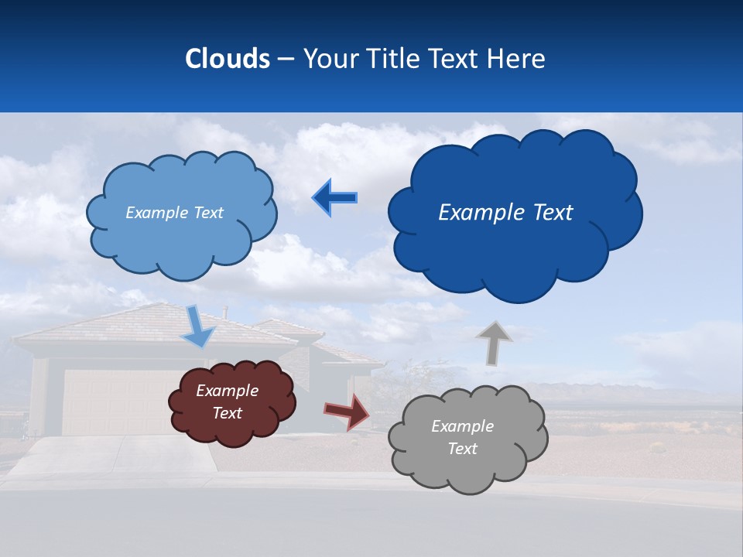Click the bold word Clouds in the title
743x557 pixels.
point(228,59)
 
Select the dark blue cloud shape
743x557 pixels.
point(515,248)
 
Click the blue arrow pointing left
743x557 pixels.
point(335,198)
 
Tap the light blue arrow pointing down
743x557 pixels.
point(198,326)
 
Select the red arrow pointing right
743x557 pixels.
point(348,412)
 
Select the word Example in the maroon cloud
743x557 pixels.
point(227,391)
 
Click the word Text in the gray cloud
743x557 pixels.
point(462,449)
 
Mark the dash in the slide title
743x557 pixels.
point(286,59)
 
